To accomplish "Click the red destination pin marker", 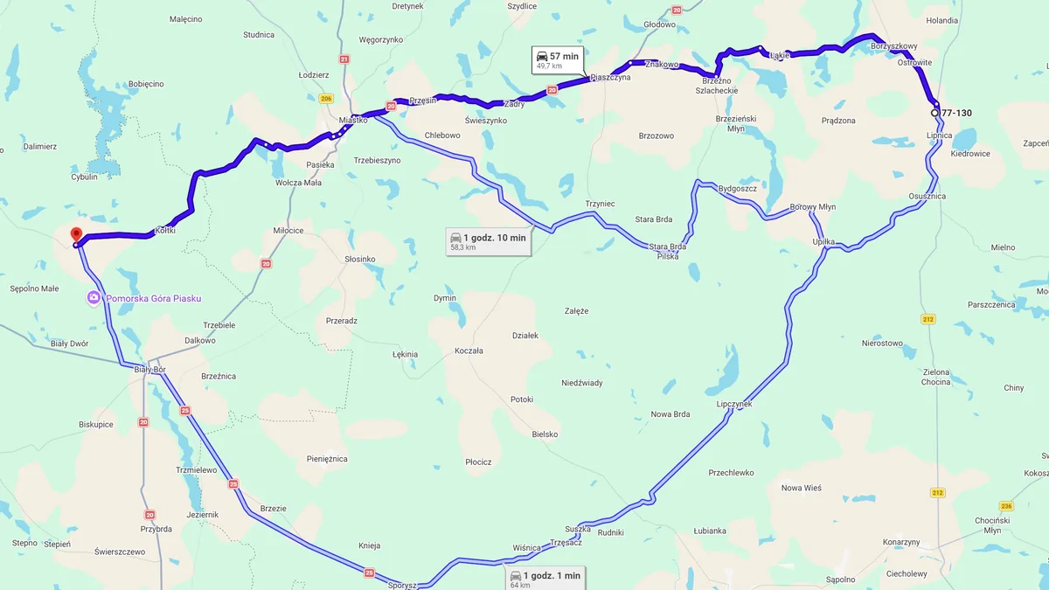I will [x=76, y=234].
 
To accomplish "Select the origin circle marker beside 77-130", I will [x=934, y=113].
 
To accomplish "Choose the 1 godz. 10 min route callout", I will [x=488, y=241].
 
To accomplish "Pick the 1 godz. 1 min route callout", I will [x=544, y=579].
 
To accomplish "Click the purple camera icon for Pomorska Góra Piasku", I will [x=93, y=298].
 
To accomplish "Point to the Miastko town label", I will [x=353, y=120].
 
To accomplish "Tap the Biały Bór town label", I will [x=149, y=369].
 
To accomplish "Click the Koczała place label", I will [x=469, y=351].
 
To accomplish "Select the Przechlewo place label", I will [x=731, y=473].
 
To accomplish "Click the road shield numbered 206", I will [x=326, y=99].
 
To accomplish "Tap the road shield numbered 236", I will [x=1006, y=506].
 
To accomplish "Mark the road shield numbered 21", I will [x=344, y=59].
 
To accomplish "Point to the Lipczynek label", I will [x=733, y=405].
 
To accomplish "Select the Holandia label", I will [x=942, y=19].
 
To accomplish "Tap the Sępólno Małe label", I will [x=34, y=288].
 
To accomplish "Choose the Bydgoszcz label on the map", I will [x=737, y=188].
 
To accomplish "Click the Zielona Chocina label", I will [x=936, y=377].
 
